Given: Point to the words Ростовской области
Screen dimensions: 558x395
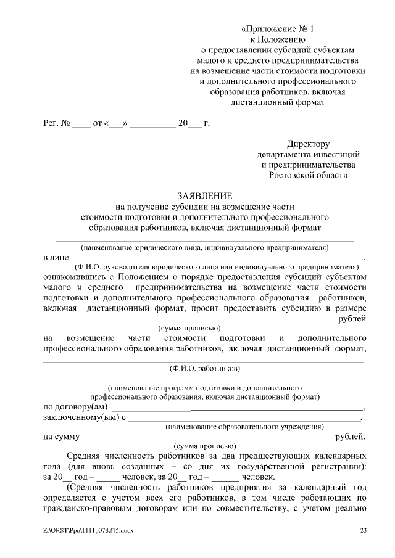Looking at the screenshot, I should (308, 175).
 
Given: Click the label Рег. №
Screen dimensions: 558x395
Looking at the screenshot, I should (56, 123).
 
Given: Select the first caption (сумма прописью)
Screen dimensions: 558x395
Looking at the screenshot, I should (189, 328).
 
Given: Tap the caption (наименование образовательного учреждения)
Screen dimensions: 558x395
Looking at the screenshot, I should (244, 427).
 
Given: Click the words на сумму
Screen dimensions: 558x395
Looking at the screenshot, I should (60, 437).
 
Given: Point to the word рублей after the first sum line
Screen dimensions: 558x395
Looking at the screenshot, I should (352, 318).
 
